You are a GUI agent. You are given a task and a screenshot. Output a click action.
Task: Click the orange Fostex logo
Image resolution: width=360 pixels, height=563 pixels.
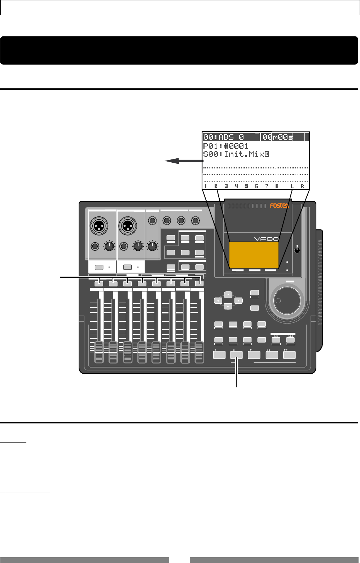coord(280,206)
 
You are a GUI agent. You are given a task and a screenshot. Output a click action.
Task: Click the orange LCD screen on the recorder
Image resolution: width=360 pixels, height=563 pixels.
coord(254,255)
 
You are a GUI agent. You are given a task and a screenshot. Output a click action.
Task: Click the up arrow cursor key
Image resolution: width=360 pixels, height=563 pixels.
coord(228,295)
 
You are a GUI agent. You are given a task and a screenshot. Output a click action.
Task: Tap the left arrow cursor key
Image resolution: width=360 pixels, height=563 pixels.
coord(218,300)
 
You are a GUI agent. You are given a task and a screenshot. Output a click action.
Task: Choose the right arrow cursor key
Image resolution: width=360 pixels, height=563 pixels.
coord(238,300)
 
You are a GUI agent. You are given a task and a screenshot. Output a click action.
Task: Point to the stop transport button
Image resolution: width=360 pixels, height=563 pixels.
coord(236,355)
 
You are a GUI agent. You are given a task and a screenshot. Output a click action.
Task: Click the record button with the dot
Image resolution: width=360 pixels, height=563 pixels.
coord(219,355)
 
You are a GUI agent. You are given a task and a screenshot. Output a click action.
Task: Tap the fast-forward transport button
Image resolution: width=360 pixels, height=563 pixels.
coord(289,355)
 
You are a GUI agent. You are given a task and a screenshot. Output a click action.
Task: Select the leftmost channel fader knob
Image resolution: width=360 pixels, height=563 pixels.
coord(99,352)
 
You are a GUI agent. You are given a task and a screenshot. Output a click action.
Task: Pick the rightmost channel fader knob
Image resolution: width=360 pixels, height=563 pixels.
coord(199,352)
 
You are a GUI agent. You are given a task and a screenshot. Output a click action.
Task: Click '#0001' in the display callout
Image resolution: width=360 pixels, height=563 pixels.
coord(236,146)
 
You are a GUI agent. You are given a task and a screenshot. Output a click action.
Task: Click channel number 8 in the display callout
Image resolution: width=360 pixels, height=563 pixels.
coord(277,186)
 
